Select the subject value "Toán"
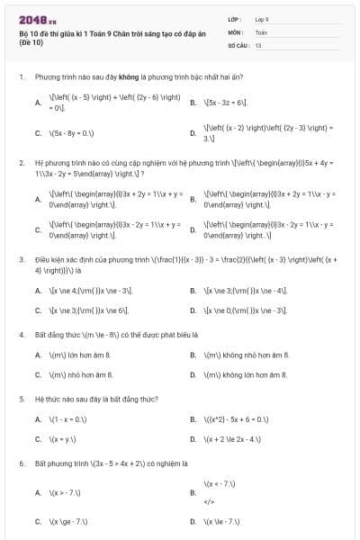(261, 31)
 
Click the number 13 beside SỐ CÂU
(258, 44)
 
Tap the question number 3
(21, 259)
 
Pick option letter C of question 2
(38, 229)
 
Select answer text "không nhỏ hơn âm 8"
(246, 355)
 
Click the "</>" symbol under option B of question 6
(210, 501)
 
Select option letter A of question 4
(38, 355)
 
